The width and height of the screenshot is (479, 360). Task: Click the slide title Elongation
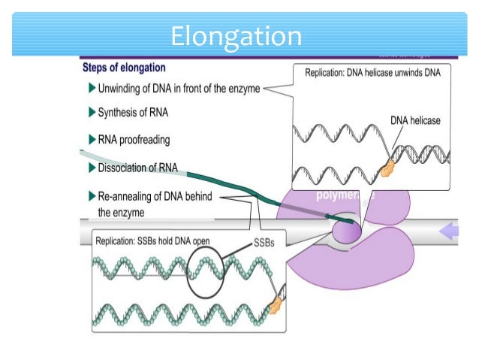[x=236, y=35]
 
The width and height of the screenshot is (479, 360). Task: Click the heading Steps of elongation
[x=123, y=68]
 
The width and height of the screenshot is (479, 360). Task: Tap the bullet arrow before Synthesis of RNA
[x=92, y=113]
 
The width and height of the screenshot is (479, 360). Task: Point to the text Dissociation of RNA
[x=138, y=168]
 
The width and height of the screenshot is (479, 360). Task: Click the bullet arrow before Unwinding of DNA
[x=92, y=89]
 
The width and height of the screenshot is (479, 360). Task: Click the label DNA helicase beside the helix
[x=415, y=119]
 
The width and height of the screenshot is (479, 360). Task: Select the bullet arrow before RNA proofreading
[x=92, y=139]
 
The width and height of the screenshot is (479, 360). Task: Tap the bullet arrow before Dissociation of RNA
[x=92, y=168]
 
